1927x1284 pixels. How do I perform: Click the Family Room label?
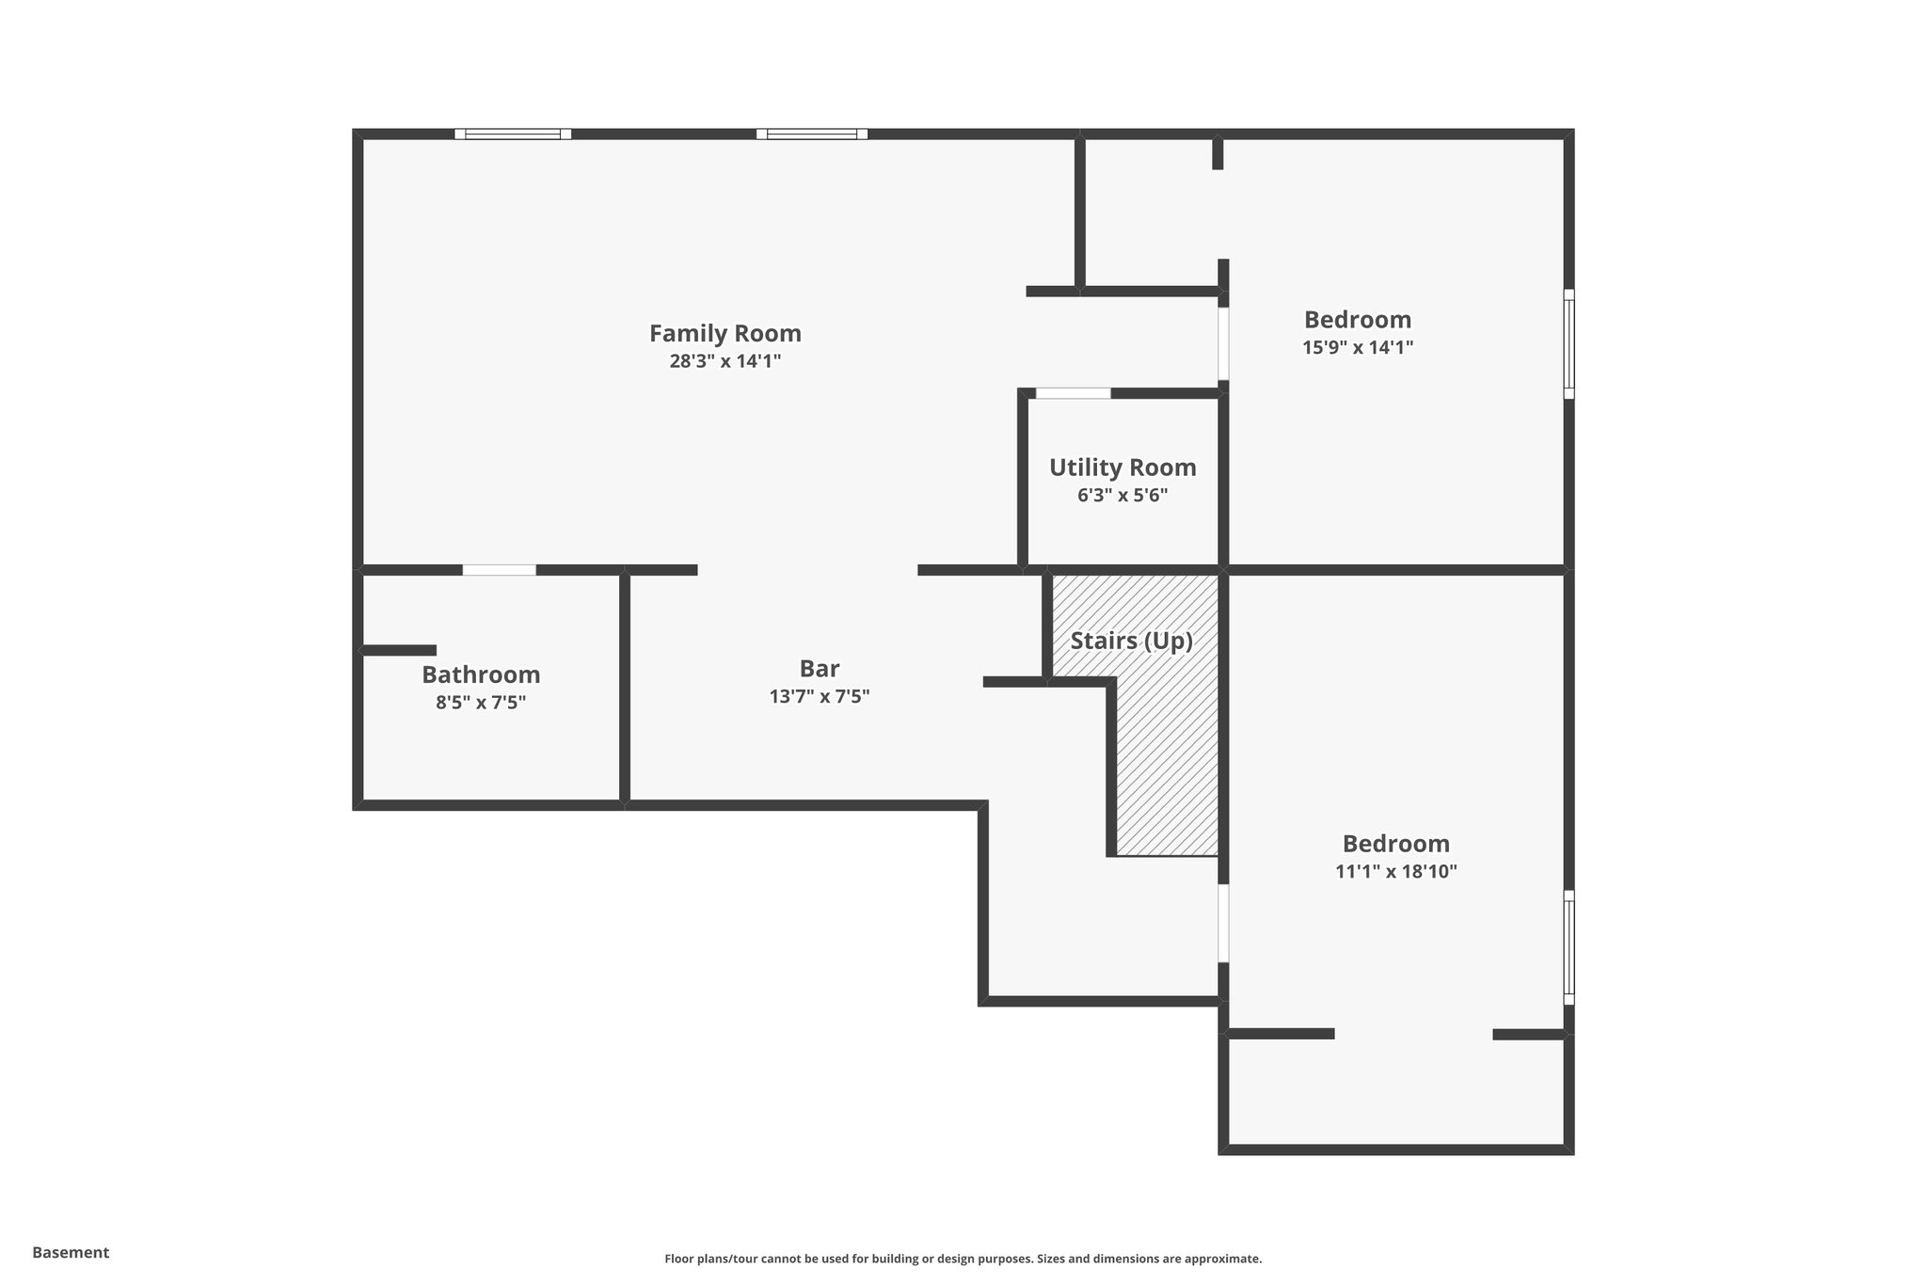(x=725, y=334)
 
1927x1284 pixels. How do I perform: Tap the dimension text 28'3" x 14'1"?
(x=725, y=361)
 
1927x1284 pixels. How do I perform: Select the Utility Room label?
(x=1123, y=468)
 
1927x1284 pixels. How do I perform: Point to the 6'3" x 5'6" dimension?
(x=1123, y=495)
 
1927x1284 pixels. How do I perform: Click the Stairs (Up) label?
(x=1131, y=642)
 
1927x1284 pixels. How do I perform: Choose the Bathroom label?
(x=481, y=674)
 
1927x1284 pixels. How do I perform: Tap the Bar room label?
(x=819, y=669)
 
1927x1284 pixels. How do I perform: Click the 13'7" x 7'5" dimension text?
(x=819, y=697)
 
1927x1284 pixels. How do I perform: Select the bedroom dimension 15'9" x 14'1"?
(x=1358, y=347)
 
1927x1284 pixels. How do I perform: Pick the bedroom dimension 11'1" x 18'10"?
(x=1395, y=871)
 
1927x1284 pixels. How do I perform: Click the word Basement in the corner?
(x=71, y=1252)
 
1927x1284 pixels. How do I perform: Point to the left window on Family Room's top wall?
(x=513, y=134)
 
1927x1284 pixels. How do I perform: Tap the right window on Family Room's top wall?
(x=812, y=134)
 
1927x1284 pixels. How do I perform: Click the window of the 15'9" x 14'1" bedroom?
(x=1569, y=343)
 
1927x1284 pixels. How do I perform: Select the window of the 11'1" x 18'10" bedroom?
(x=1569, y=947)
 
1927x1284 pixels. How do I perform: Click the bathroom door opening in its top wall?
(x=499, y=570)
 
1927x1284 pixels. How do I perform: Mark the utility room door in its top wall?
(x=1073, y=393)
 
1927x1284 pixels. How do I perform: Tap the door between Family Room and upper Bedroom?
(x=1223, y=343)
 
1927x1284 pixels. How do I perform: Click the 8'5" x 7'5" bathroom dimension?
(x=481, y=703)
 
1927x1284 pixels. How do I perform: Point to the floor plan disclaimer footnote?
(x=963, y=1259)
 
